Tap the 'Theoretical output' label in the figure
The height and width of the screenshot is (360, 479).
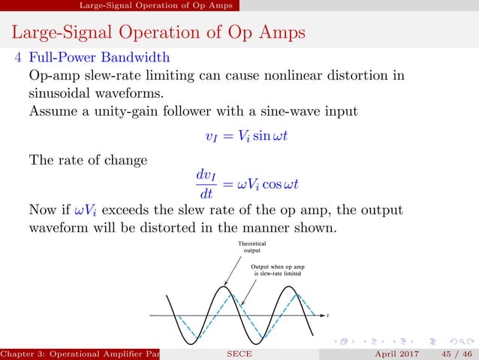click(252, 248)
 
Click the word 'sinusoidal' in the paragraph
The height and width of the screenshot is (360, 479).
click(61, 94)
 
